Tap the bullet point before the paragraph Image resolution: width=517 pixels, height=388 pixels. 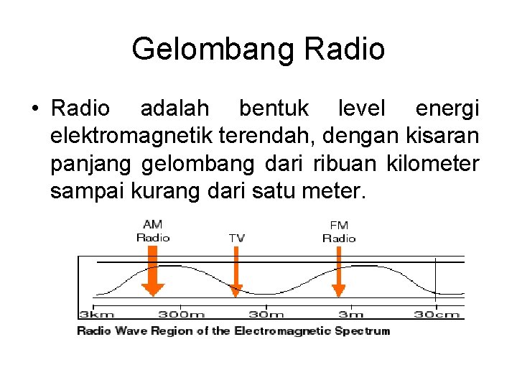pyautogui.click(x=34, y=109)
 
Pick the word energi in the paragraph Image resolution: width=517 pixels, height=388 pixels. pyautogui.click(x=447, y=109)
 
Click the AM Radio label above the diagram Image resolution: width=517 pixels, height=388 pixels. pyautogui.click(x=152, y=231)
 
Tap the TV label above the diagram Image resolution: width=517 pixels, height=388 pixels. pyautogui.click(x=237, y=237)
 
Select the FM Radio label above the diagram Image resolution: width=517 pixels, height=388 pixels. pyautogui.click(x=338, y=231)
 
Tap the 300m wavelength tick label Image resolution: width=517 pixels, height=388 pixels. pyautogui.click(x=182, y=314)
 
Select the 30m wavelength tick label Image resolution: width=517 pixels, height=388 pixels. pyautogui.click(x=266, y=314)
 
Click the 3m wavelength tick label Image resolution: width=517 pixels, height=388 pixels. pyautogui.click(x=351, y=314)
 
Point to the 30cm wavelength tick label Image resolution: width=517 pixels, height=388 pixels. pyautogui.click(x=437, y=314)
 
